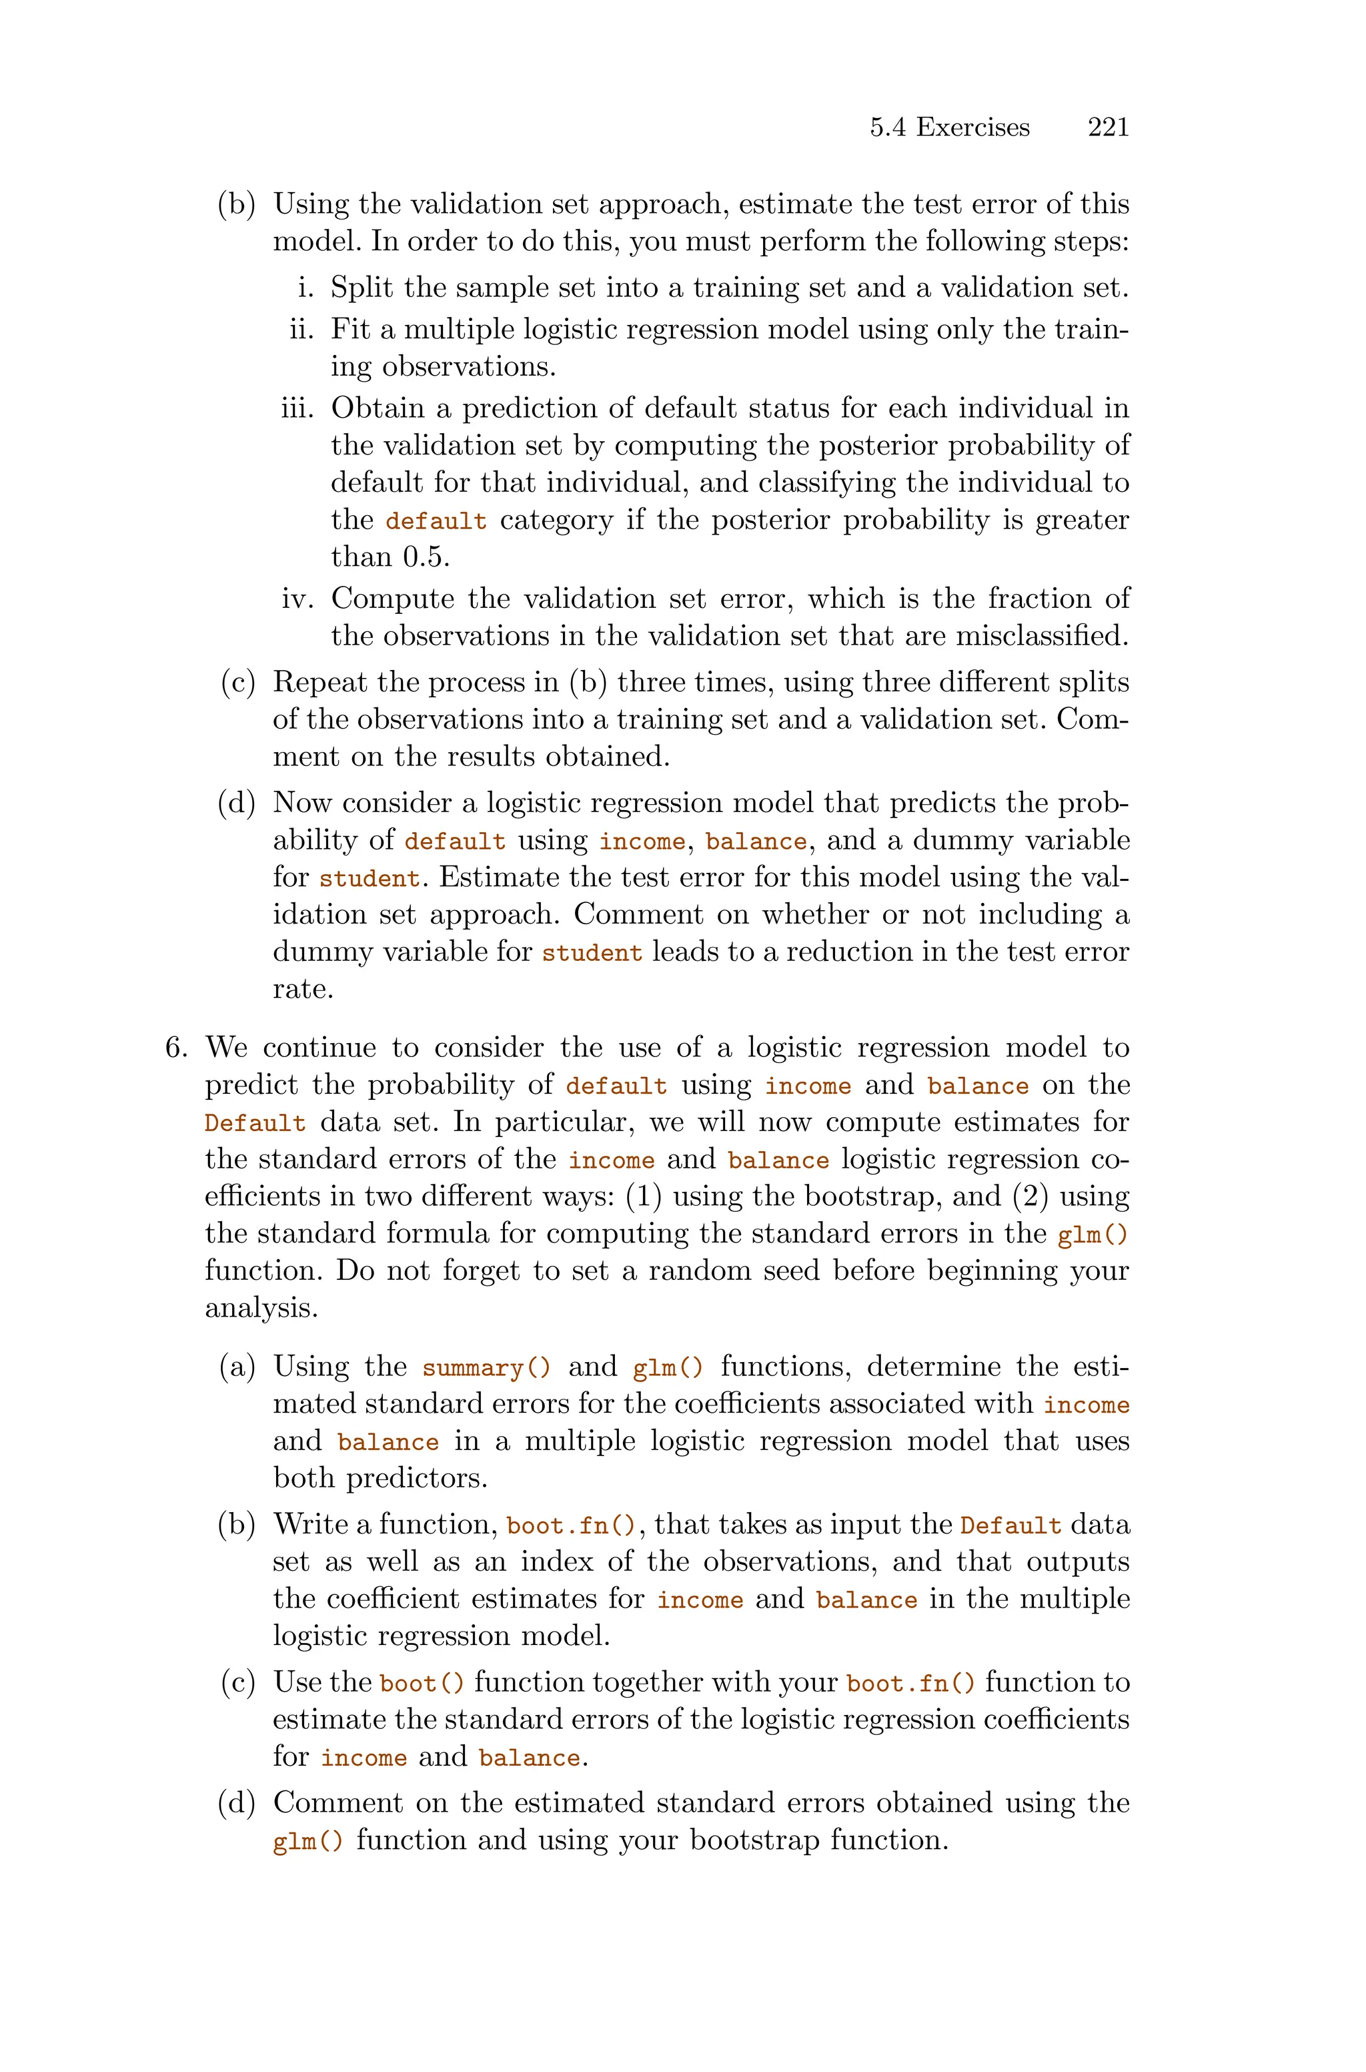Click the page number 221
1108,127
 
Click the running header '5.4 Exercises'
950,127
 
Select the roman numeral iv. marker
298,599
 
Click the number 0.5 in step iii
426,557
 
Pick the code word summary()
487,1367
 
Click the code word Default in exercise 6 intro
255,1123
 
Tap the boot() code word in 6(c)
422,1684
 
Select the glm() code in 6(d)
307,1841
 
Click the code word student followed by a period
370,878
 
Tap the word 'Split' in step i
362,288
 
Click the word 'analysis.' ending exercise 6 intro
261,1308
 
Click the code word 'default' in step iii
436,521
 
